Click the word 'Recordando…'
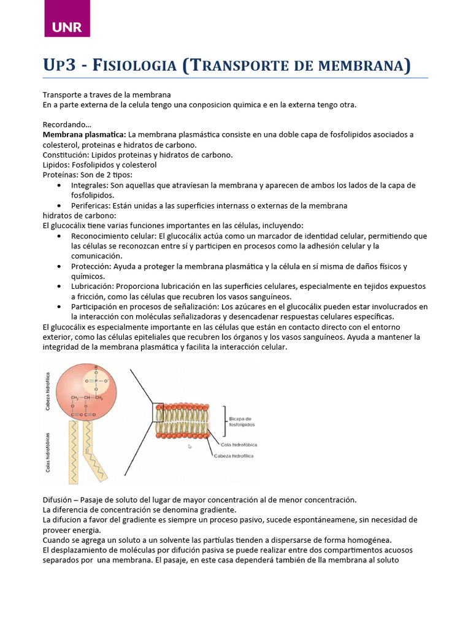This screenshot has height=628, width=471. (66, 124)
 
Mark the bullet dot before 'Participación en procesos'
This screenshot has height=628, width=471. (58, 307)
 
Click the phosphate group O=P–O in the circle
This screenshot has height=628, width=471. (95, 380)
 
